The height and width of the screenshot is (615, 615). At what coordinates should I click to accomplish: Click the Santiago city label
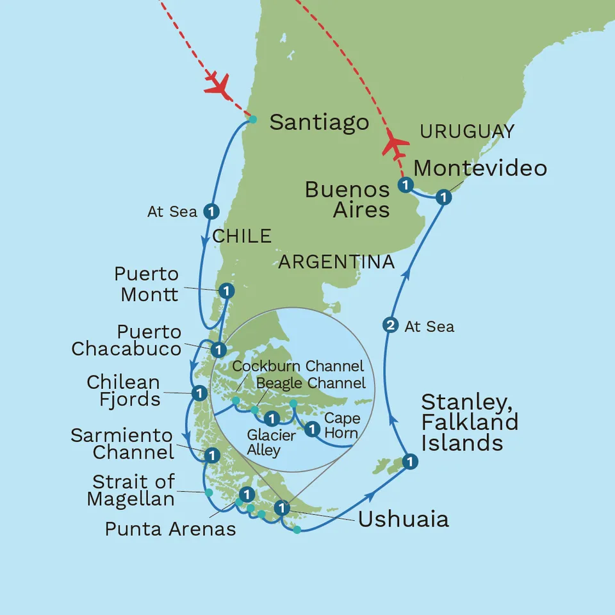(319, 122)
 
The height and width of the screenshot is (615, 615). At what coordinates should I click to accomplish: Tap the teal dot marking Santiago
(252, 119)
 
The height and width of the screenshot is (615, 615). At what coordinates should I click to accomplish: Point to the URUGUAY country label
(466, 131)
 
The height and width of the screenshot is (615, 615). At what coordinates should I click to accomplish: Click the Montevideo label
(480, 168)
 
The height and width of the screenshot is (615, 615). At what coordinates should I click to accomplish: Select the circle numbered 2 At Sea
(389, 326)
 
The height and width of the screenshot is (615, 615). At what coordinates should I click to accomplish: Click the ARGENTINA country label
(336, 261)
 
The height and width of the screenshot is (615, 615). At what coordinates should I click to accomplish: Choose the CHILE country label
(242, 236)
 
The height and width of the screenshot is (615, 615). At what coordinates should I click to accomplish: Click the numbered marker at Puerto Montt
(225, 291)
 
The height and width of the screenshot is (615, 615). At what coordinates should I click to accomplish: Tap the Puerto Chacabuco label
(126, 341)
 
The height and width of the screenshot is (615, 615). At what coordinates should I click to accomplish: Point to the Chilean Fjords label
(124, 391)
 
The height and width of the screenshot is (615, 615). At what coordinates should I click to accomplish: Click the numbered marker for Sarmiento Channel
(211, 455)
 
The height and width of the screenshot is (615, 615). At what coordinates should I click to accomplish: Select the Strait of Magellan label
(131, 491)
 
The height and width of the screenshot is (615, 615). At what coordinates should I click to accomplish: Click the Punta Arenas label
(170, 529)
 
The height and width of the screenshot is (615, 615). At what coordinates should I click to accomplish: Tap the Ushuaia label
(403, 519)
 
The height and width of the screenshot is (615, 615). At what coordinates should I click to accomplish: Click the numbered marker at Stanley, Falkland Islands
(410, 461)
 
